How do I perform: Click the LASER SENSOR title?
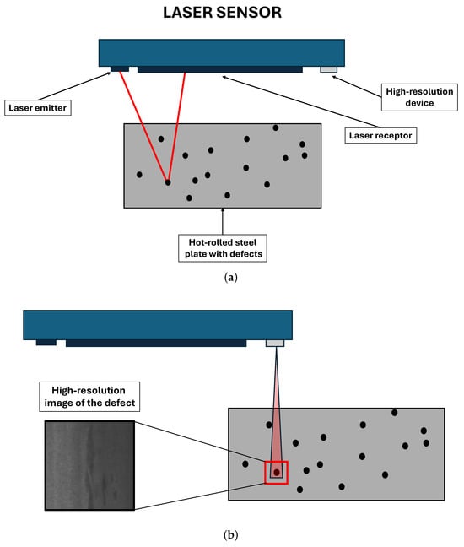[222, 13]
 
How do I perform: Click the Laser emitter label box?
[38, 108]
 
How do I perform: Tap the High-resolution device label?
[419, 97]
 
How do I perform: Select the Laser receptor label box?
[380, 135]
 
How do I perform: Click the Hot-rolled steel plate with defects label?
[223, 248]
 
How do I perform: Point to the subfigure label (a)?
[231, 278]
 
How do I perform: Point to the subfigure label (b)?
[231, 535]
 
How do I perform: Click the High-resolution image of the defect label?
[89, 397]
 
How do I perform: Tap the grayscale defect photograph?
[89, 465]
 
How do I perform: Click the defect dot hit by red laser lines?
[168, 182]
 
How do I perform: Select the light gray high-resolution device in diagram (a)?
[329, 69]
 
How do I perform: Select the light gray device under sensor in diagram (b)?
[275, 344]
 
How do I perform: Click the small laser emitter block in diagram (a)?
[120, 68]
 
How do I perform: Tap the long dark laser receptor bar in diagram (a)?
[220, 69]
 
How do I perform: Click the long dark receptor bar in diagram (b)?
[156, 344]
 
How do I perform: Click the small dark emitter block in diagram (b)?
[46, 343]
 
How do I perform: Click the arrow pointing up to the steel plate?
[223, 221]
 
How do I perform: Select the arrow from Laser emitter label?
[74, 86]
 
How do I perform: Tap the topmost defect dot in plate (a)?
[275, 128]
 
